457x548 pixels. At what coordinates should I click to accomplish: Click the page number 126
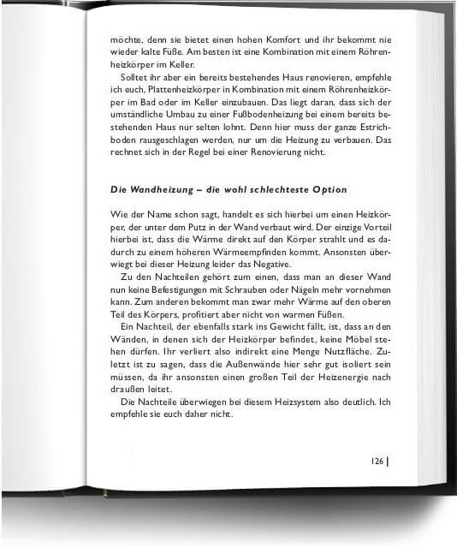point(377,461)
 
